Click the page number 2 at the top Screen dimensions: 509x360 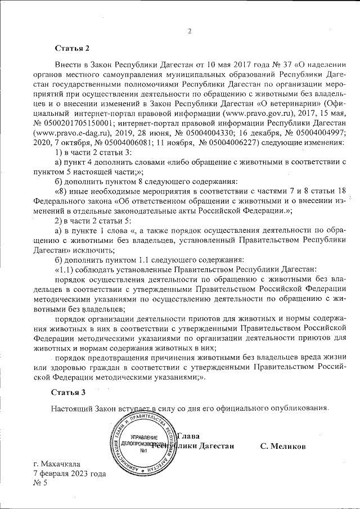190,31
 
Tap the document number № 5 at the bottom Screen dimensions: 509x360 41,484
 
